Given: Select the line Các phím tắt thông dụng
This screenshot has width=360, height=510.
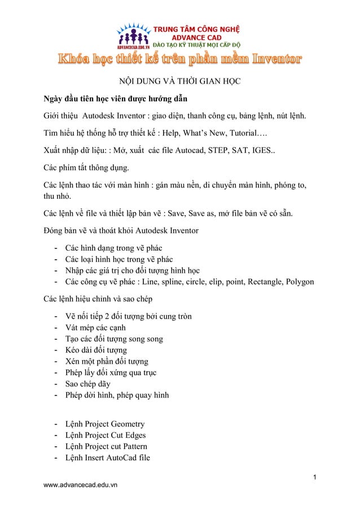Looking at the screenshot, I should (87, 168).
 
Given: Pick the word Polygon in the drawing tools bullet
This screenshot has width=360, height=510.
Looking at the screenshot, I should (298, 282).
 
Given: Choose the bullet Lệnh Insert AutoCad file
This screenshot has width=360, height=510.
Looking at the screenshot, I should (108, 458).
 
